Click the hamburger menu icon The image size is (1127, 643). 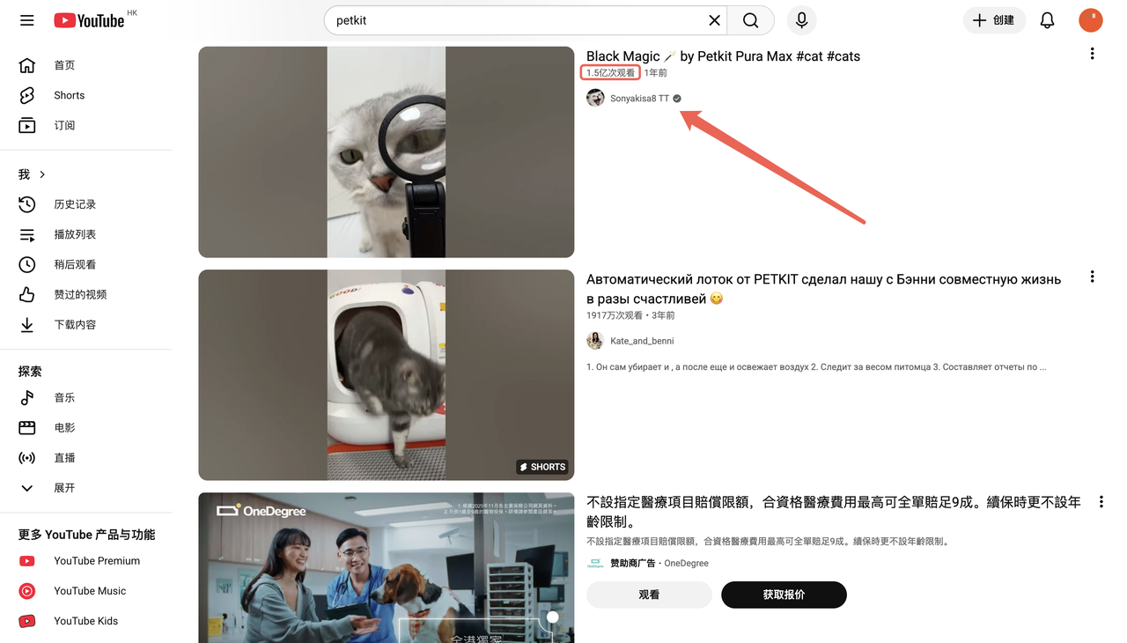[x=27, y=20]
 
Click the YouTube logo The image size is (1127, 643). [x=89, y=20]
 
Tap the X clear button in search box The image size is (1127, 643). [x=714, y=20]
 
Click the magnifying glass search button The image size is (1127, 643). [x=750, y=20]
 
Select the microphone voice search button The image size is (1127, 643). [x=801, y=20]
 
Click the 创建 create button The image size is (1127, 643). [x=994, y=20]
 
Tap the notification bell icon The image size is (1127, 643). [x=1047, y=20]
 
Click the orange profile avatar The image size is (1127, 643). [x=1090, y=20]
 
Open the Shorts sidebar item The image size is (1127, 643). [x=69, y=95]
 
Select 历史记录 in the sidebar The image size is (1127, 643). [x=75, y=204]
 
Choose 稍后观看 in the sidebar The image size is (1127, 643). [x=75, y=264]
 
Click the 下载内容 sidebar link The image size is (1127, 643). [x=75, y=324]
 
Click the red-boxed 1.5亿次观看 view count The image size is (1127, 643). [x=610, y=73]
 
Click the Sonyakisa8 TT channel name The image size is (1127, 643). [x=639, y=99]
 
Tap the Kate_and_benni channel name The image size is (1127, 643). [x=642, y=341]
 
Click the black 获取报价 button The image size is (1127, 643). [x=784, y=595]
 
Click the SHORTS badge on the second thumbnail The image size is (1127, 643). [x=542, y=467]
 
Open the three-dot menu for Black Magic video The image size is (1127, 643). [x=1092, y=54]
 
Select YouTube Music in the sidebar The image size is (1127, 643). [x=90, y=591]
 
